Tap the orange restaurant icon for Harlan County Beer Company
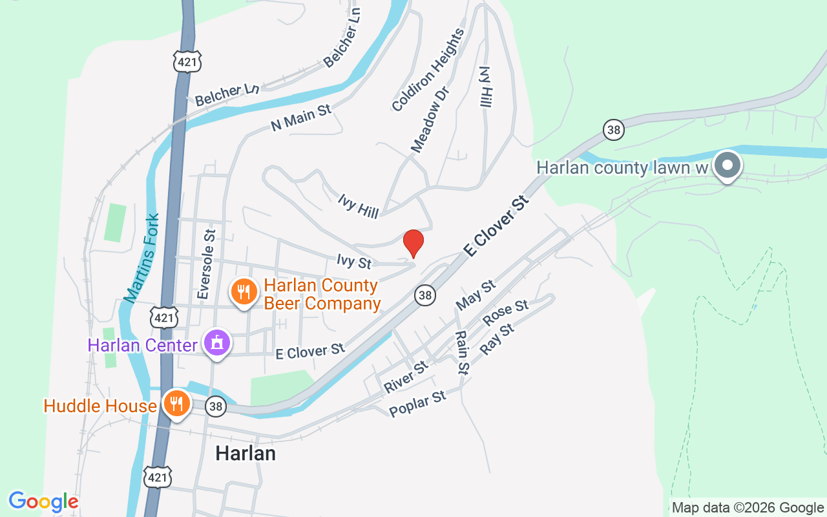pyautogui.click(x=242, y=293)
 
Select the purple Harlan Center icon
pyautogui.click(x=217, y=343)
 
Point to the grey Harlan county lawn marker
pyautogui.click(x=728, y=165)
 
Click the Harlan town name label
pyautogui.click(x=246, y=453)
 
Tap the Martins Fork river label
pyautogui.click(x=141, y=258)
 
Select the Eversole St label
pyautogui.click(x=206, y=264)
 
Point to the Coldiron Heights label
pyautogui.click(x=428, y=69)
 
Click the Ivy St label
pyautogui.click(x=354, y=262)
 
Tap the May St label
pyautogui.click(x=476, y=294)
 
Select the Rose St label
pyautogui.click(x=506, y=313)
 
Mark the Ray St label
pyautogui.click(x=497, y=339)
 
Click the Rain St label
pyautogui.click(x=461, y=352)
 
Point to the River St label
pyautogui.click(x=406, y=377)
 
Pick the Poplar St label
pyautogui.click(x=418, y=404)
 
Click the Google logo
pyautogui.click(x=43, y=501)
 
